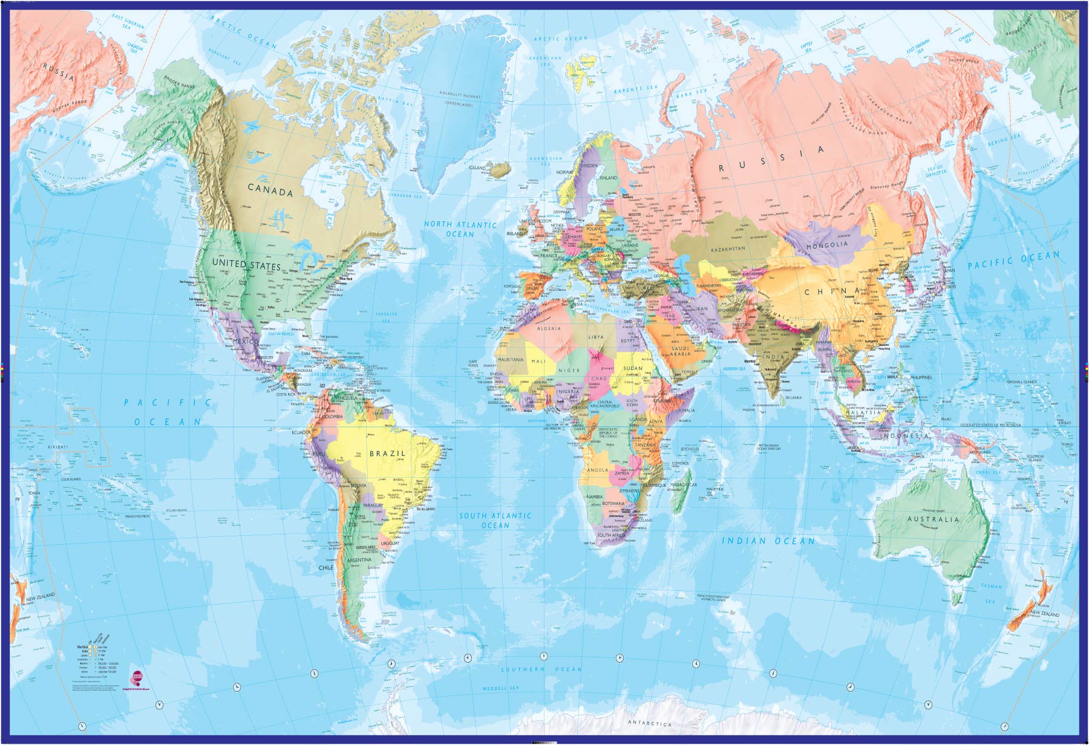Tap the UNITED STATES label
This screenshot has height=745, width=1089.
point(246,265)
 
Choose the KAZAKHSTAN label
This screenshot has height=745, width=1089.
point(728,249)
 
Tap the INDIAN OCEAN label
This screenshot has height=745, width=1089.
point(768,541)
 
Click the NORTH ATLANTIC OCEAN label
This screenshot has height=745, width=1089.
point(460,229)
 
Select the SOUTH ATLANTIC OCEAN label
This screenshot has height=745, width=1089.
point(495,521)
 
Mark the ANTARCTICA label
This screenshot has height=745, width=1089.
point(650,723)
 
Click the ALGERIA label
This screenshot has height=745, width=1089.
point(549,328)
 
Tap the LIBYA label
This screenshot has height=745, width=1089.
point(596,336)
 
